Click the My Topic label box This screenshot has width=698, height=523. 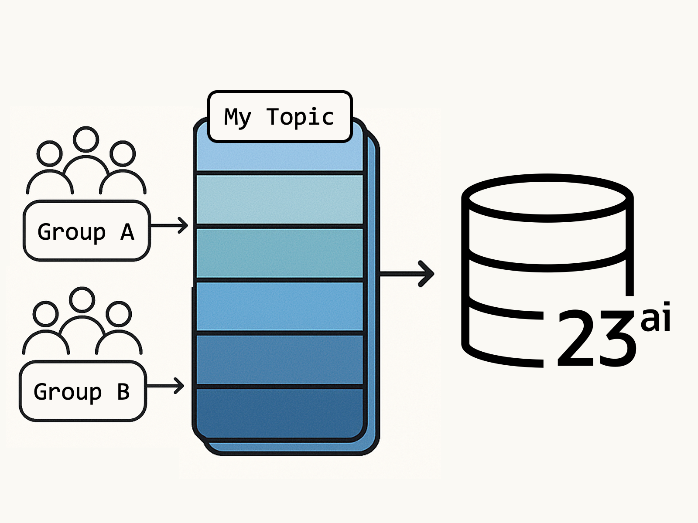tap(280, 117)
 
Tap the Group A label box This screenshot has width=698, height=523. tap(86, 231)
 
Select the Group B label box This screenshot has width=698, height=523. tap(82, 391)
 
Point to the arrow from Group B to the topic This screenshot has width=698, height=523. tap(165, 386)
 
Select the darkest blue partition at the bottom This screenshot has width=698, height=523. tap(279, 412)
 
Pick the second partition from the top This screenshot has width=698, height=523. tap(279, 199)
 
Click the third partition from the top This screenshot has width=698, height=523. tap(279, 253)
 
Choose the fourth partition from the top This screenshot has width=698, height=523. tap(279, 306)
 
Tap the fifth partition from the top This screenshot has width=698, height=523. tap(279, 360)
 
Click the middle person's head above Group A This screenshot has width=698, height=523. tap(86, 139)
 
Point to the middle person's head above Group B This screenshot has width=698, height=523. tap(82, 299)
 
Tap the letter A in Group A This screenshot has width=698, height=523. tap(127, 232)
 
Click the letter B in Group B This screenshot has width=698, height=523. tap(123, 392)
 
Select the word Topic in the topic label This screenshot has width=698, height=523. tap(300, 117)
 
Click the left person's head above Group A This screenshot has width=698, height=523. tap(49, 153)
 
